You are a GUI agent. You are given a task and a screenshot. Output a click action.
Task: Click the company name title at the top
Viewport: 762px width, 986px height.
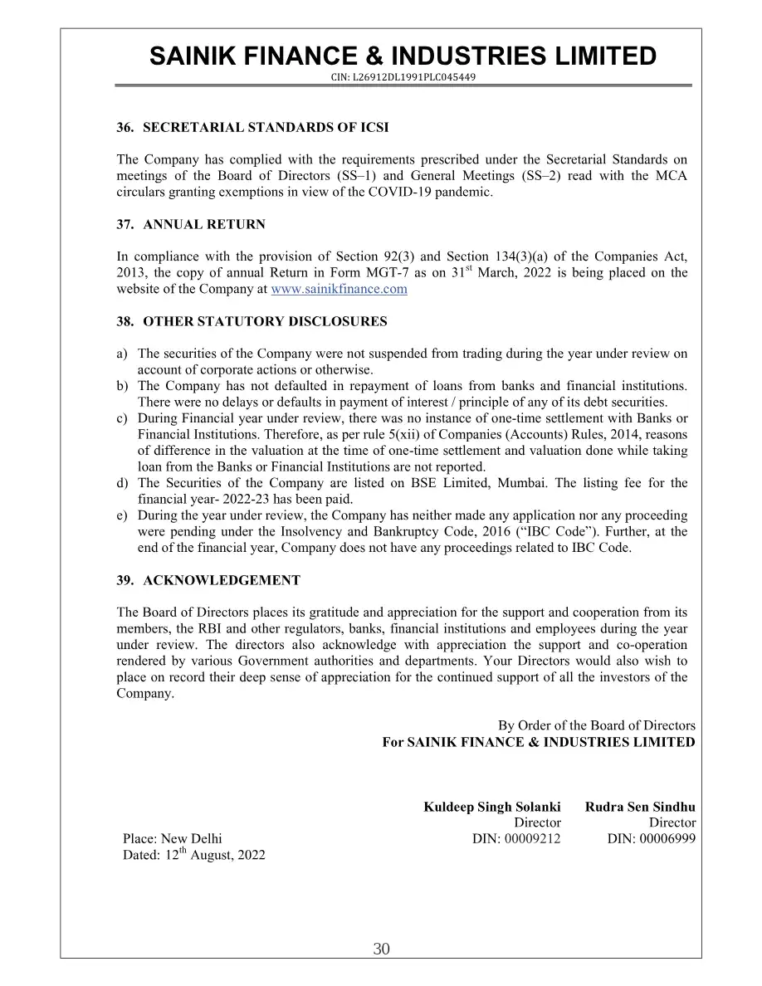[x=403, y=56]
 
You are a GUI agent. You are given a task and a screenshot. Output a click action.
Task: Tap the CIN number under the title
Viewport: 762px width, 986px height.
[x=403, y=77]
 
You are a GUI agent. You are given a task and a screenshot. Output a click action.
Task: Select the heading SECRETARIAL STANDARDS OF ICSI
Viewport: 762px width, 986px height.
[x=266, y=128]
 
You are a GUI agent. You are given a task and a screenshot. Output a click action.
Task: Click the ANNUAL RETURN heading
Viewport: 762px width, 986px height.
[x=204, y=224]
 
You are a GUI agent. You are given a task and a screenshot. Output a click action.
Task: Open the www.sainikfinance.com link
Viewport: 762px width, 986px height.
[x=339, y=289]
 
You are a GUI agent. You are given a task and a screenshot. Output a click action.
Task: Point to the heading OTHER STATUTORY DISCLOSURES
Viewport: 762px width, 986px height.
[x=265, y=321]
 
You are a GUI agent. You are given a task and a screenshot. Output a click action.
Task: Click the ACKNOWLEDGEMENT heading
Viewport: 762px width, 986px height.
[x=222, y=580]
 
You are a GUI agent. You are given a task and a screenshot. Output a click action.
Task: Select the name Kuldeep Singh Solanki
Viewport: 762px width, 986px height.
[x=491, y=807]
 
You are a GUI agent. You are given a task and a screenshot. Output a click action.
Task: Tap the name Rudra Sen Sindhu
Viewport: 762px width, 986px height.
[x=640, y=807]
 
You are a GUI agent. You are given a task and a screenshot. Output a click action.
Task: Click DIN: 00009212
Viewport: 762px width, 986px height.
[x=516, y=838]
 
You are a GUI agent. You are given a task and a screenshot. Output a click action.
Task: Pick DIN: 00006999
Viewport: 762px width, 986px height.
[x=651, y=838]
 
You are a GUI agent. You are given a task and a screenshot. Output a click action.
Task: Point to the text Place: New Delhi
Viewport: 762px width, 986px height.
[x=173, y=838]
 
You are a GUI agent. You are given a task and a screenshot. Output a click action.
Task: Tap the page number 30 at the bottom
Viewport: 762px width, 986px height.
[x=381, y=949]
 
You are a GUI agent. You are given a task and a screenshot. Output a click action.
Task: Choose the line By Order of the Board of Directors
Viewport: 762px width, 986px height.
[x=596, y=725]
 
